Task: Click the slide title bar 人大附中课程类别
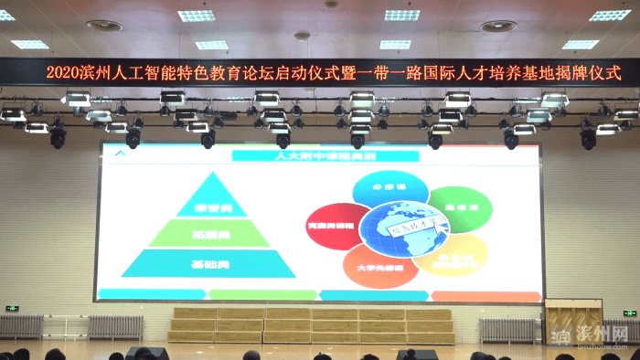(x=318, y=156)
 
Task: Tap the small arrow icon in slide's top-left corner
(x=115, y=154)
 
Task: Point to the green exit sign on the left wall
(x=13, y=308)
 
